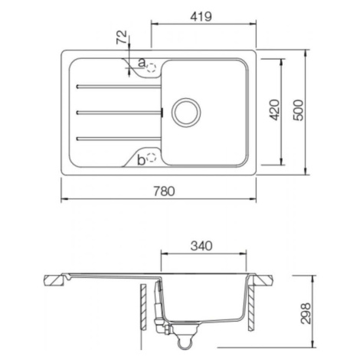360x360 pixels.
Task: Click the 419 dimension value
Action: (x=201, y=17)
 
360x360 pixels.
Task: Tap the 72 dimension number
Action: (x=122, y=38)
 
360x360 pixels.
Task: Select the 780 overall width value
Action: (x=164, y=191)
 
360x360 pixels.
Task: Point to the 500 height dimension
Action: (x=298, y=110)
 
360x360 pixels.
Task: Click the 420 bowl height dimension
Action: (x=275, y=110)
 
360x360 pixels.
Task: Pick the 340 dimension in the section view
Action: (x=201, y=246)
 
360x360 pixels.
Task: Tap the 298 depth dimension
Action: (x=306, y=314)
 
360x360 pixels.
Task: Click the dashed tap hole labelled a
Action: (x=152, y=67)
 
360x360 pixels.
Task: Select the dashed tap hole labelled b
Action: (x=152, y=158)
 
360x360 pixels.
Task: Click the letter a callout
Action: (x=142, y=62)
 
